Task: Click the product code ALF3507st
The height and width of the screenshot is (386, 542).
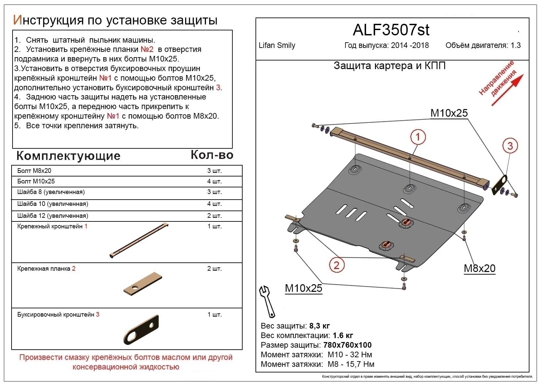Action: click(x=391, y=30)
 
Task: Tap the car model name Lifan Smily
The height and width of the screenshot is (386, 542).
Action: click(x=277, y=46)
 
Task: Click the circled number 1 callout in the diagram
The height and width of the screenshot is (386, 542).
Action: click(x=418, y=136)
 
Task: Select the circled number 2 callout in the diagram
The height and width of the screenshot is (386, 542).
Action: click(x=336, y=265)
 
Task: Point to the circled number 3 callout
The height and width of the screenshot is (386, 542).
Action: click(x=510, y=145)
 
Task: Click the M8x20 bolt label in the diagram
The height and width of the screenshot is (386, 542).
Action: click(x=479, y=268)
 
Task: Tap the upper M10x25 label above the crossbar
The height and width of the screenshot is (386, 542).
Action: click(x=449, y=113)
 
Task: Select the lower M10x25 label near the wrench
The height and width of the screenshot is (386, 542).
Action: click(x=303, y=288)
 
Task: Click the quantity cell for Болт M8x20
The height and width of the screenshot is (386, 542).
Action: click(x=214, y=171)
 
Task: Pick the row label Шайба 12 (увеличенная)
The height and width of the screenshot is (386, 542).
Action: click(x=52, y=216)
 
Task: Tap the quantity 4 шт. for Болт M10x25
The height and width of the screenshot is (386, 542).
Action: click(x=214, y=181)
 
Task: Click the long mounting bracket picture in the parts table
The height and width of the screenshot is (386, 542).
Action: click(x=140, y=241)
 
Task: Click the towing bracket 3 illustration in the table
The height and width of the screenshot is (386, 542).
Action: click(x=142, y=329)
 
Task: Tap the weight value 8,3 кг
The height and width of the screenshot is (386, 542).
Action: click(x=319, y=326)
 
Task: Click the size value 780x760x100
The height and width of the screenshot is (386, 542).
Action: click(x=347, y=345)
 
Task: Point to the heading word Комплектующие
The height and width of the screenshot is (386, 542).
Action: click(x=68, y=156)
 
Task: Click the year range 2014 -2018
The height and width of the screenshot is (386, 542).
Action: click(x=410, y=46)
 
